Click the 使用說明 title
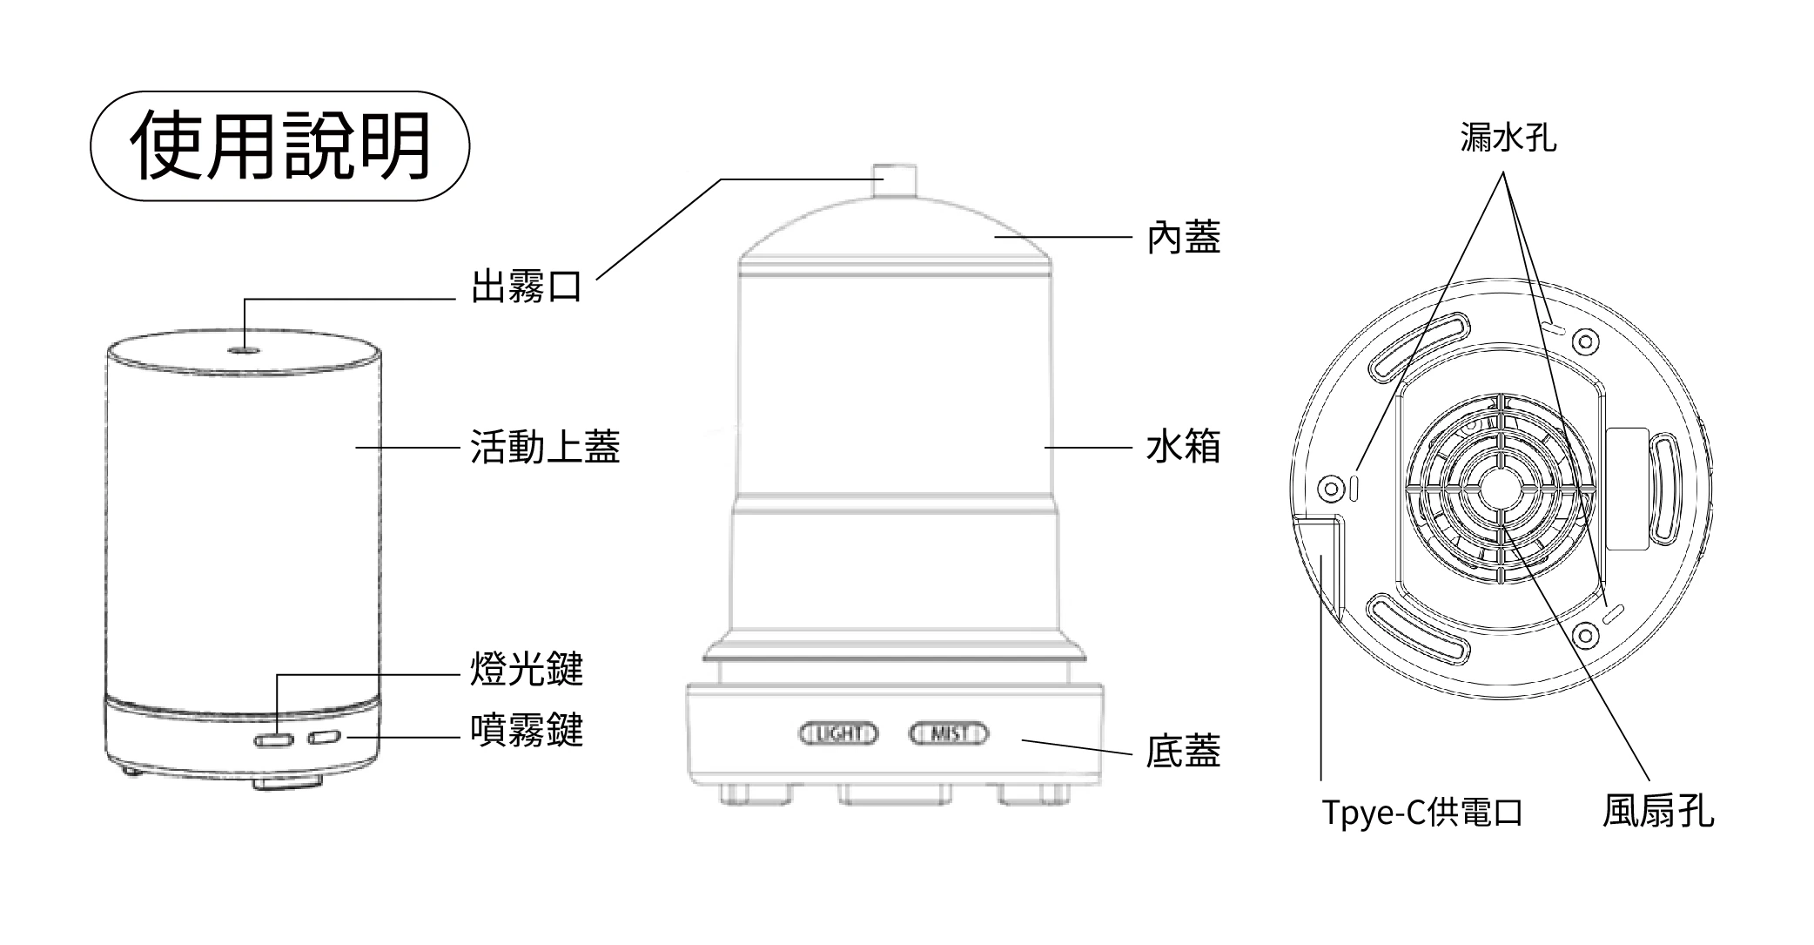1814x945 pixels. [280, 145]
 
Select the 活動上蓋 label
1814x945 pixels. [545, 447]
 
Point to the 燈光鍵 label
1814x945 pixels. [526, 669]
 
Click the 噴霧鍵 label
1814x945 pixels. [526, 730]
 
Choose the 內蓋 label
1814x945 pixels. [1183, 237]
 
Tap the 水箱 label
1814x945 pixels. [1183, 447]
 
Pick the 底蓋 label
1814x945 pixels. [1183, 751]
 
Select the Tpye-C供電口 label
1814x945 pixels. [1422, 813]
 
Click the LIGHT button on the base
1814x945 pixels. [838, 734]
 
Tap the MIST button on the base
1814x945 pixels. [949, 734]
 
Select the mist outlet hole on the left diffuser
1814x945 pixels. [244, 350]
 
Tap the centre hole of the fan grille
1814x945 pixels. [1502, 490]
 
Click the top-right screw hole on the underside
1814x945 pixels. [1586, 341]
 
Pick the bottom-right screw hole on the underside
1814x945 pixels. [1585, 636]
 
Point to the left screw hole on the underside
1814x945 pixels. [1331, 488]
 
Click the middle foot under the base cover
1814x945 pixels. [894, 793]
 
